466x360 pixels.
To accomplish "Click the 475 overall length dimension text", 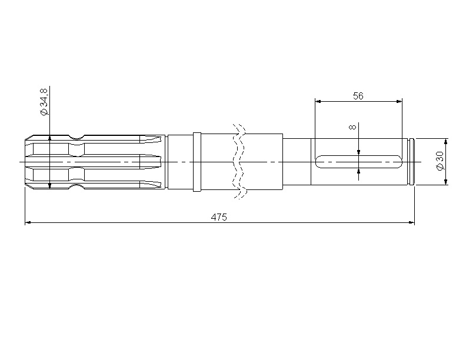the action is coord(219,217).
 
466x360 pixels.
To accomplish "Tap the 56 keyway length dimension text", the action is coord(358,96).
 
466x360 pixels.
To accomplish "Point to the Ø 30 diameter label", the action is coord(440,161).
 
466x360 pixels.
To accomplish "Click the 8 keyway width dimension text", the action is coord(352,127).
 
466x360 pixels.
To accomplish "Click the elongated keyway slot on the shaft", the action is coord(359,162).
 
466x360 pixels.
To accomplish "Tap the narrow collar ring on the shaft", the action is coord(197,162).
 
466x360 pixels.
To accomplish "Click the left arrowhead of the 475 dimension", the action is coord(28,222).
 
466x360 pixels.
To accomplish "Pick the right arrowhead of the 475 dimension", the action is coord(412,222).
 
